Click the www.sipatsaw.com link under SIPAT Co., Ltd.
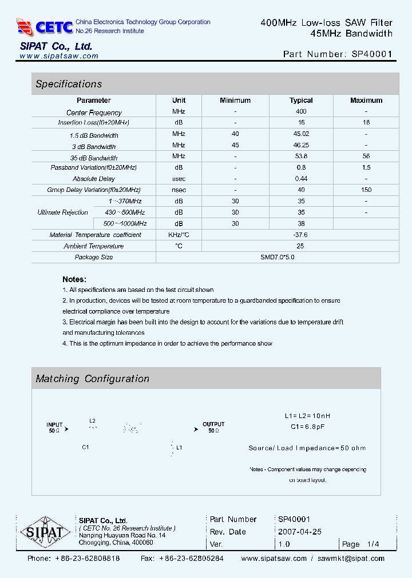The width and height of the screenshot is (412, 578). coord(59,57)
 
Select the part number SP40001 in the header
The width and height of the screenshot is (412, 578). coord(372,55)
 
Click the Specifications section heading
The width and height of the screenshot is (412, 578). coord(69,84)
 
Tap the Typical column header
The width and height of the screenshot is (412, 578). coord(301,101)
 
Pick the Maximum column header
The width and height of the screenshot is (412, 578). coord(366,101)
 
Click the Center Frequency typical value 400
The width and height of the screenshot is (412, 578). coord(301,111)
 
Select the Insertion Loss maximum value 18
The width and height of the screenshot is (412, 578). coord(366,122)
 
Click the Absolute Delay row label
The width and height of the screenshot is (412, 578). coord(94,179)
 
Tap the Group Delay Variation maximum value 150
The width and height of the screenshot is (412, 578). coord(366,190)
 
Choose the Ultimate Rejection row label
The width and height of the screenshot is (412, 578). coord(63,212)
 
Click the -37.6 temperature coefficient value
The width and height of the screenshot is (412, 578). coord(300,235)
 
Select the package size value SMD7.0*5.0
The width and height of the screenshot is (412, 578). coord(278,257)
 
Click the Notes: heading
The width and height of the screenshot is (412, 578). coord(74,279)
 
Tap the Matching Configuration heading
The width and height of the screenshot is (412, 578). coord(93,379)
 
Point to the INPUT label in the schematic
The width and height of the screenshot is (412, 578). coord(54,425)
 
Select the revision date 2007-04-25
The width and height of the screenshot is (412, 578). coord(300,532)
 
